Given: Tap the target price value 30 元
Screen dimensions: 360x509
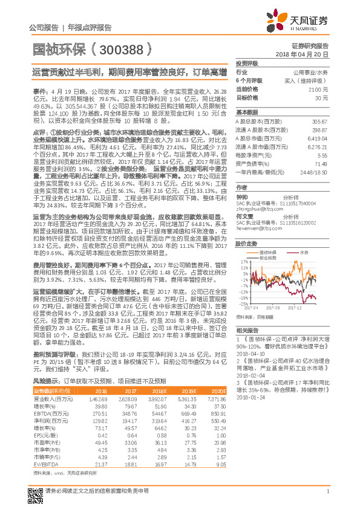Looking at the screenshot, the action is (x=322, y=97).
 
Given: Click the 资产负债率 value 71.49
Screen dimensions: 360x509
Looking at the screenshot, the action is (x=321, y=164).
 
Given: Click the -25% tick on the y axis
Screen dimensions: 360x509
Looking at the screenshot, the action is (x=243, y=304).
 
